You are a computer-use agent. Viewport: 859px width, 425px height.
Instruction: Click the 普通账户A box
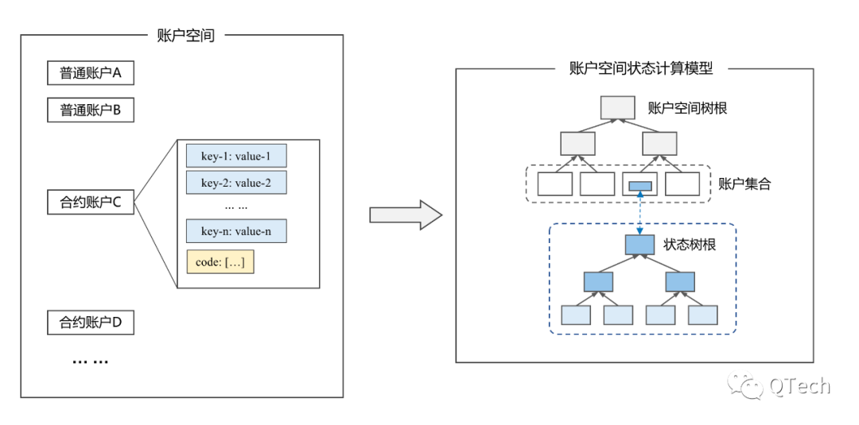[91, 73]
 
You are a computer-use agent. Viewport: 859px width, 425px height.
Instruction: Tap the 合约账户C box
[91, 203]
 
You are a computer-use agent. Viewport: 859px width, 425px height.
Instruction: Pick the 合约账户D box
[91, 323]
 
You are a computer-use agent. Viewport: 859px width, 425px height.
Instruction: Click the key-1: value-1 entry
[237, 156]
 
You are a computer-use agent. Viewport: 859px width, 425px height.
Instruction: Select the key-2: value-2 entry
[237, 182]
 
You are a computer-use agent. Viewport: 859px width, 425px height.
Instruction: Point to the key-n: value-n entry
[237, 231]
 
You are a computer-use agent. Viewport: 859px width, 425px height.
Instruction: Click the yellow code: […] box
[220, 262]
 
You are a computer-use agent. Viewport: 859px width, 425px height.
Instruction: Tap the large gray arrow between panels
[406, 215]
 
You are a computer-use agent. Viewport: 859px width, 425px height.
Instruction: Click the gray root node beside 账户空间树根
[618, 108]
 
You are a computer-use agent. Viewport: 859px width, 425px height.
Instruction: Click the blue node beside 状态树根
[639, 245]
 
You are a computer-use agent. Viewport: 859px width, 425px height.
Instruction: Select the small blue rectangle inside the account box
[639, 186]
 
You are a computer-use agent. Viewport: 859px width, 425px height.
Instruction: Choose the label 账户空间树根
[687, 108]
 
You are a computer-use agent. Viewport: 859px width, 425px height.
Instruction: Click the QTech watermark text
[800, 386]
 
